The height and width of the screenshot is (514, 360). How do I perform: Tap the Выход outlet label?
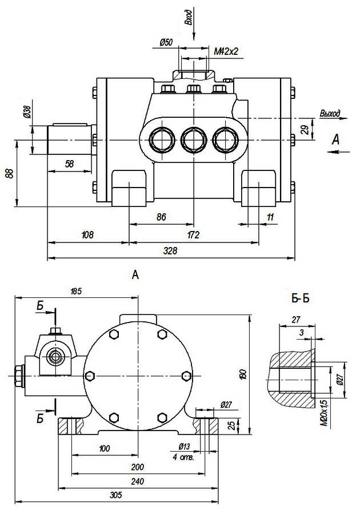[x=330, y=113]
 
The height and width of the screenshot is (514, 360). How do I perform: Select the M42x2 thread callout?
[x=226, y=52]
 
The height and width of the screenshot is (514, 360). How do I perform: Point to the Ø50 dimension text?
[x=166, y=42]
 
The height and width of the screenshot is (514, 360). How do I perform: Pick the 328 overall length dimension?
[x=170, y=251]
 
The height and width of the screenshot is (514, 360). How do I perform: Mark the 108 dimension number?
[x=87, y=234]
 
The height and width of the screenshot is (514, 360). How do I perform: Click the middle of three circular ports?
[x=194, y=139]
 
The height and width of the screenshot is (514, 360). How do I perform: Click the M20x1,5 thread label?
[x=324, y=413]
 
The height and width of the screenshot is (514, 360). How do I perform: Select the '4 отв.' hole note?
[x=183, y=457]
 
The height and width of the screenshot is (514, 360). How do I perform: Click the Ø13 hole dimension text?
[x=184, y=447]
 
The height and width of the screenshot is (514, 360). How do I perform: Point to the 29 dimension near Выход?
[x=305, y=130]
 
